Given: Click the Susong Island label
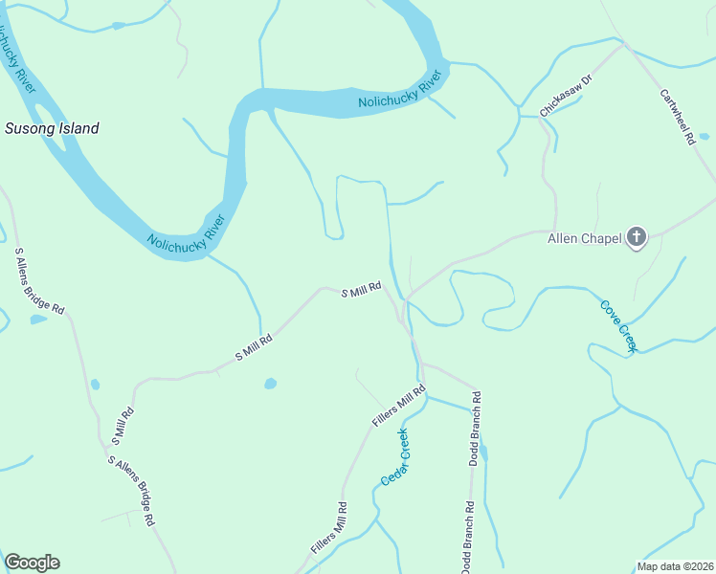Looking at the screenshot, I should point(52,128).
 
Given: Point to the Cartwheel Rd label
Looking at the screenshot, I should point(677,117).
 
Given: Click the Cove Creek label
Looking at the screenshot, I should point(617,326).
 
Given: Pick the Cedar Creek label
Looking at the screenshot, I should point(394,457).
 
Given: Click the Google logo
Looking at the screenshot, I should point(32,563).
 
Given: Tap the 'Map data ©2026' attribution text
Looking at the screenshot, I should point(676,566).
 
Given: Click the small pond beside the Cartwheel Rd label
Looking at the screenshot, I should point(705,137).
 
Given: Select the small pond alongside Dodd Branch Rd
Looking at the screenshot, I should point(483,453).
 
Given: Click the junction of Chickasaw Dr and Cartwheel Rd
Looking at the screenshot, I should point(624,42).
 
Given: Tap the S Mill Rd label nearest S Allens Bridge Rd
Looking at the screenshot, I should point(122,427).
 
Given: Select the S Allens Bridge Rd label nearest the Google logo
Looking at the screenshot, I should point(131,491).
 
